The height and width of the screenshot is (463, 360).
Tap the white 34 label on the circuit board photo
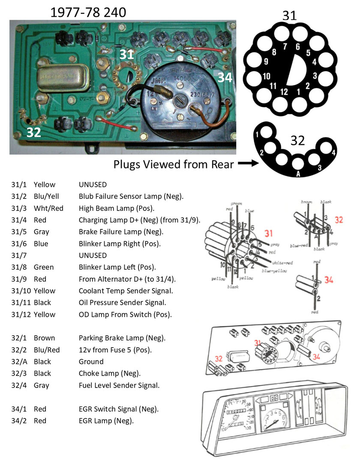click(x=225, y=78)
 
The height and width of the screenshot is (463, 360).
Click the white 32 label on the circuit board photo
click(x=33, y=132)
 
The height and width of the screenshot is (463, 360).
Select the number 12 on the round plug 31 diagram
click(x=284, y=91)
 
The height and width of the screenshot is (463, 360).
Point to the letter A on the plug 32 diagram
click(x=297, y=174)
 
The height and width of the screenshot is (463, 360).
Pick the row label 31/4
click(x=18, y=220)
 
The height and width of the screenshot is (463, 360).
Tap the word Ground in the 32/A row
click(x=91, y=361)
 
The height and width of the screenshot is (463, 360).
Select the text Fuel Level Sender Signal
click(x=119, y=385)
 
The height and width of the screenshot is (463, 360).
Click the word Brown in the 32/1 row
click(x=44, y=338)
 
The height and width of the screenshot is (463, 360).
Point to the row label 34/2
click(x=18, y=421)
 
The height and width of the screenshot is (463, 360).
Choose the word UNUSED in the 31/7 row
click(x=93, y=255)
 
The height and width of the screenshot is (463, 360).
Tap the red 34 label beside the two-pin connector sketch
click(x=329, y=280)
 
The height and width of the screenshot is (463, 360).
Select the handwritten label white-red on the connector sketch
click(x=282, y=262)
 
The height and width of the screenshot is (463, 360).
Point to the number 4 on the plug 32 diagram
click(x=333, y=152)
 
